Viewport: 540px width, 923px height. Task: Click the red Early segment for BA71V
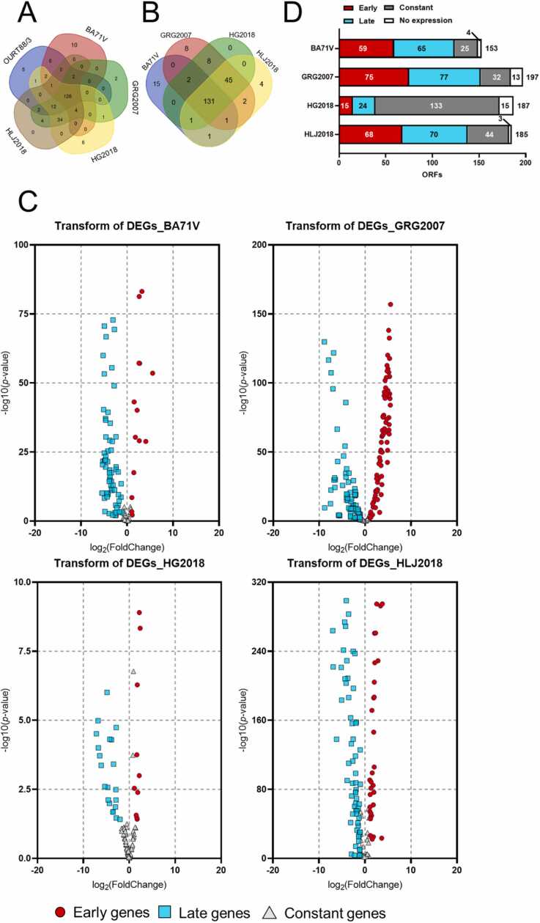pyautogui.click(x=366, y=48)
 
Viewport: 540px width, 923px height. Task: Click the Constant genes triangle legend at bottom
pyautogui.click(x=333, y=911)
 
